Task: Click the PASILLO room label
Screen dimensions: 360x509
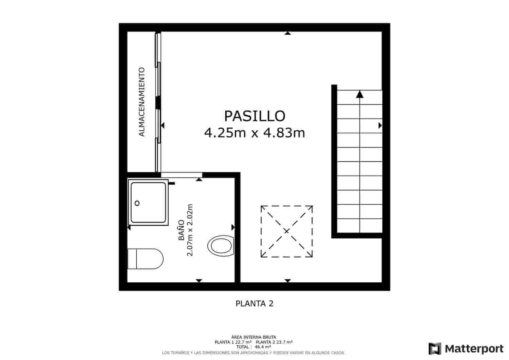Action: (254, 116)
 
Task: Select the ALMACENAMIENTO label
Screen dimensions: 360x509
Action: (142, 102)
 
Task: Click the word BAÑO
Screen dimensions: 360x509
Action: (182, 230)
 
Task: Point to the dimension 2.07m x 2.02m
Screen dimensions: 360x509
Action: (190, 230)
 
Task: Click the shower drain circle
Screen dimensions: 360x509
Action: (137, 203)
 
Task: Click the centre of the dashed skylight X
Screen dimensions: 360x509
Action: (286, 231)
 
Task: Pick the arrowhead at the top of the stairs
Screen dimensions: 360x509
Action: (360, 94)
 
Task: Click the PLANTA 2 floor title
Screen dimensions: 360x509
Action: (254, 304)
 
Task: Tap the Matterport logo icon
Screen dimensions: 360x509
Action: (435, 348)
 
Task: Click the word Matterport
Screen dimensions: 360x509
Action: (474, 348)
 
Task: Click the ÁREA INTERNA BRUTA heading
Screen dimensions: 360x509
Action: (254, 337)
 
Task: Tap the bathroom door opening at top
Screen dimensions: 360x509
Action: (181, 175)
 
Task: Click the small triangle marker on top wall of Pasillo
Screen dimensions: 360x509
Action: (288, 33)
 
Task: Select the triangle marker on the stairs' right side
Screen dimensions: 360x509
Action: (380, 126)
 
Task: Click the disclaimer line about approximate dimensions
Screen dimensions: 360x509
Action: (253, 353)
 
